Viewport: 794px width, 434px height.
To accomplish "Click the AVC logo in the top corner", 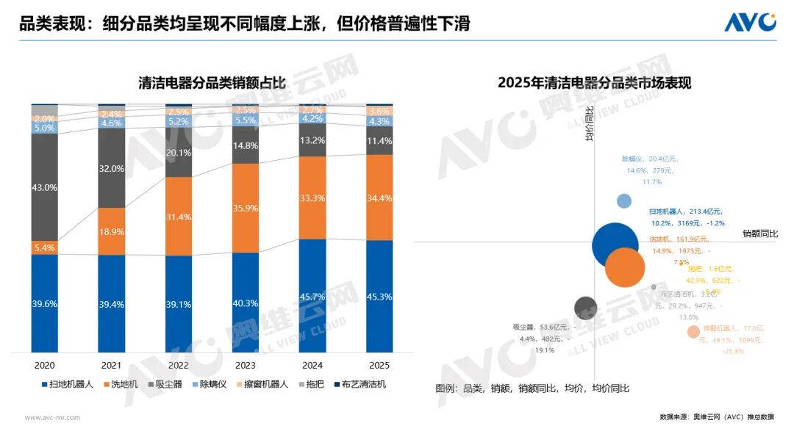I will [x=750, y=22].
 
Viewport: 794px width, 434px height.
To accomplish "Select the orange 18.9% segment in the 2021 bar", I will [x=111, y=231].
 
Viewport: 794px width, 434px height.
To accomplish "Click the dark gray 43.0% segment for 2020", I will [x=44, y=187].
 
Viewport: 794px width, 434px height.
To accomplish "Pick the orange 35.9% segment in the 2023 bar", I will [x=246, y=208].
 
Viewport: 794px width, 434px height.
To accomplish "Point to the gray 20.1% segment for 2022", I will [x=179, y=153].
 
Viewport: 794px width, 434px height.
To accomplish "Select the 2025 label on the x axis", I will [x=379, y=365].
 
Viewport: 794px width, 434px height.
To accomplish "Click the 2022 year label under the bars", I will [x=179, y=365].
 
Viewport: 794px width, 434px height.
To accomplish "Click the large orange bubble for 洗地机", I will [x=625, y=267].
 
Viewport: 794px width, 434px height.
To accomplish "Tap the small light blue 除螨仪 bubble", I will [x=624, y=201].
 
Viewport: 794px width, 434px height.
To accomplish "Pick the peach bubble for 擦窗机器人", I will [x=693, y=332].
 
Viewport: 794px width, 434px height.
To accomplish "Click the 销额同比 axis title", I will [x=760, y=234].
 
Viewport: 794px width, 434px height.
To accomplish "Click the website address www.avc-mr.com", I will [x=53, y=417].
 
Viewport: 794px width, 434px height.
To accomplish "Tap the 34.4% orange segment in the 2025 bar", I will [x=379, y=198].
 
